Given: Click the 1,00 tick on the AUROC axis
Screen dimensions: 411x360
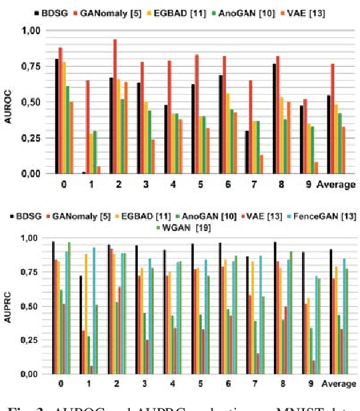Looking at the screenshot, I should click(30, 30).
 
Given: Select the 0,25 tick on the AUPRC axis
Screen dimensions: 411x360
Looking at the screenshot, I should click(30, 340).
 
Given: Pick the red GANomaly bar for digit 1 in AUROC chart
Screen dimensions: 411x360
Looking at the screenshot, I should click(87, 127).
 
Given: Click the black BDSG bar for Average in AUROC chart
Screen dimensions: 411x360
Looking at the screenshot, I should click(329, 134).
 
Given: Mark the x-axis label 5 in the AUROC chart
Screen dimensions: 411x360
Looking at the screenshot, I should click(202, 184).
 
